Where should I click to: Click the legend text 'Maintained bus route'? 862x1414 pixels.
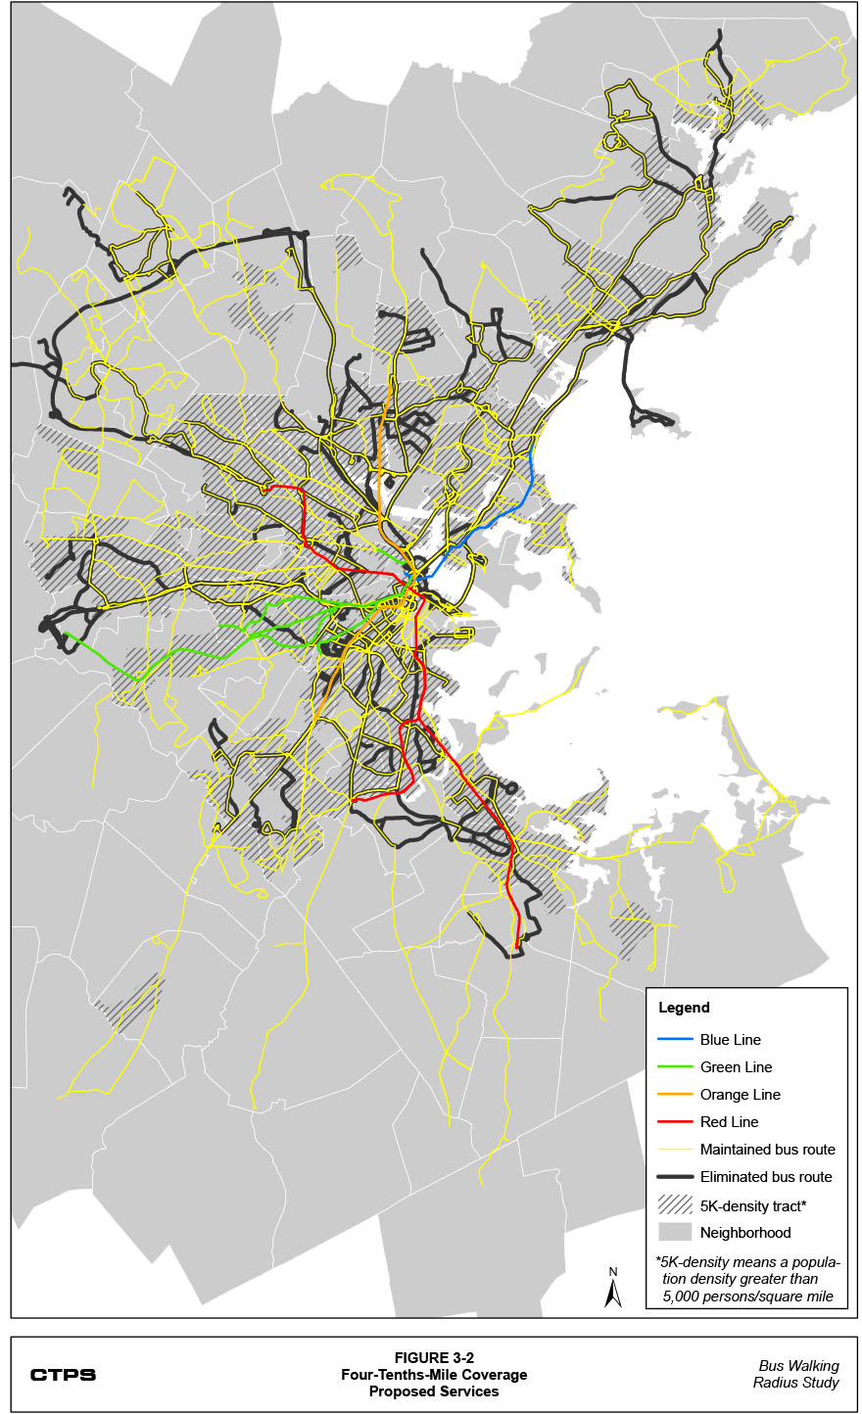tap(767, 1150)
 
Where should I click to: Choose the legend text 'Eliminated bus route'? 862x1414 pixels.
tap(766, 1177)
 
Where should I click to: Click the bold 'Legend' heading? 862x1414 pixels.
tap(684, 1008)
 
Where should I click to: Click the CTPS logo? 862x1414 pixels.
tap(63, 1375)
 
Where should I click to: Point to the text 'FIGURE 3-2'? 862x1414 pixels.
tap(434, 1358)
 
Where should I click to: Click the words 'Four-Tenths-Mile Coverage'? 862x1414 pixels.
tap(434, 1375)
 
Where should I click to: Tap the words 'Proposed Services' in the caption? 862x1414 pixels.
tap(434, 1391)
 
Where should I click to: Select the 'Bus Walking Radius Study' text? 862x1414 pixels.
tap(798, 1375)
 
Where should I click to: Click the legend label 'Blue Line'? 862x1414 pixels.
tap(730, 1040)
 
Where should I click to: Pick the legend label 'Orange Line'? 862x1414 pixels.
tap(740, 1095)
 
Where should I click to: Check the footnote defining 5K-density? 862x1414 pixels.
tap(747, 1279)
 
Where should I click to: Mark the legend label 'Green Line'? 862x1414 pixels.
tap(736, 1067)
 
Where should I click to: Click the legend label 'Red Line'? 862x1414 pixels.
tap(729, 1122)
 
